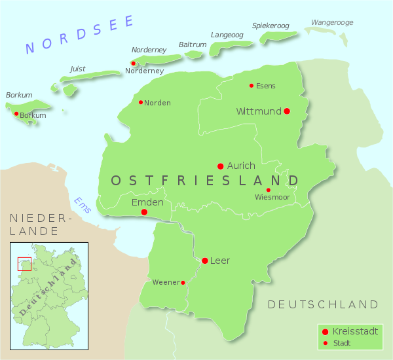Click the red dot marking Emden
pyautogui.click(x=144, y=212)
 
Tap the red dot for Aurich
pyautogui.click(x=221, y=166)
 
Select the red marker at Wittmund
pyautogui.click(x=287, y=111)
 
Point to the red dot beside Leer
pyautogui.click(x=204, y=261)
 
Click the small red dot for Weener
pyautogui.click(x=183, y=283)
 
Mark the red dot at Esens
pyautogui.click(x=252, y=86)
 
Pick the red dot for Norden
pyautogui.click(x=141, y=102)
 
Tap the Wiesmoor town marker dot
pyautogui.click(x=268, y=190)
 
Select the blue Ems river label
pyautogui.click(x=82, y=204)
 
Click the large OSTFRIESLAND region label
pyautogui.click(x=205, y=180)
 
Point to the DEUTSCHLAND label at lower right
pyautogui.click(x=323, y=304)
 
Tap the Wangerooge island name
pyautogui.click(x=331, y=22)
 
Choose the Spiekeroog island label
pyautogui.click(x=271, y=26)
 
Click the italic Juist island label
pyautogui.click(x=77, y=68)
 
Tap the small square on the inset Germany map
pyautogui.click(x=24, y=264)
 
